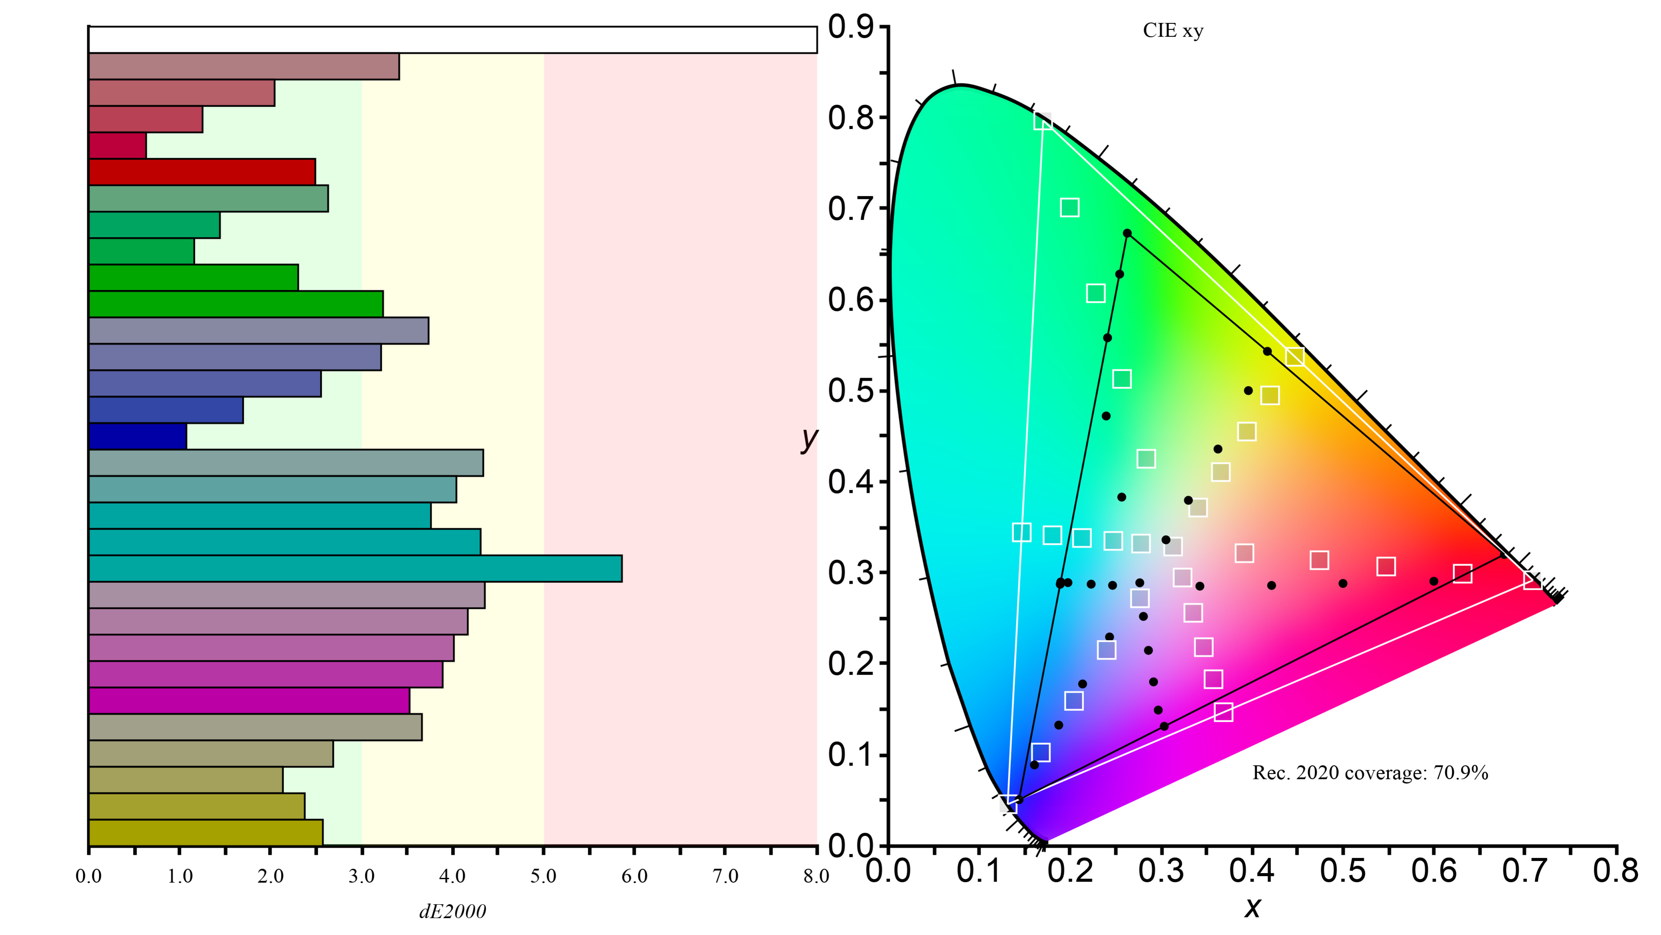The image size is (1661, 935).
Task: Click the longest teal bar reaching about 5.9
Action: tap(355, 569)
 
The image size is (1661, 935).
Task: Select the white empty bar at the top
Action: tap(451, 40)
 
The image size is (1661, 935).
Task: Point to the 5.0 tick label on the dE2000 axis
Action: tap(543, 876)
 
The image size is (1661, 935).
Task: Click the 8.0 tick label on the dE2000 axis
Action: tap(816, 876)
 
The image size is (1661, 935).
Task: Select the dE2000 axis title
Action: tap(452, 911)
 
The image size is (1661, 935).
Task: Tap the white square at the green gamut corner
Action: tap(1042, 121)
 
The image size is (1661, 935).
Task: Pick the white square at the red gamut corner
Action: tap(1533, 580)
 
